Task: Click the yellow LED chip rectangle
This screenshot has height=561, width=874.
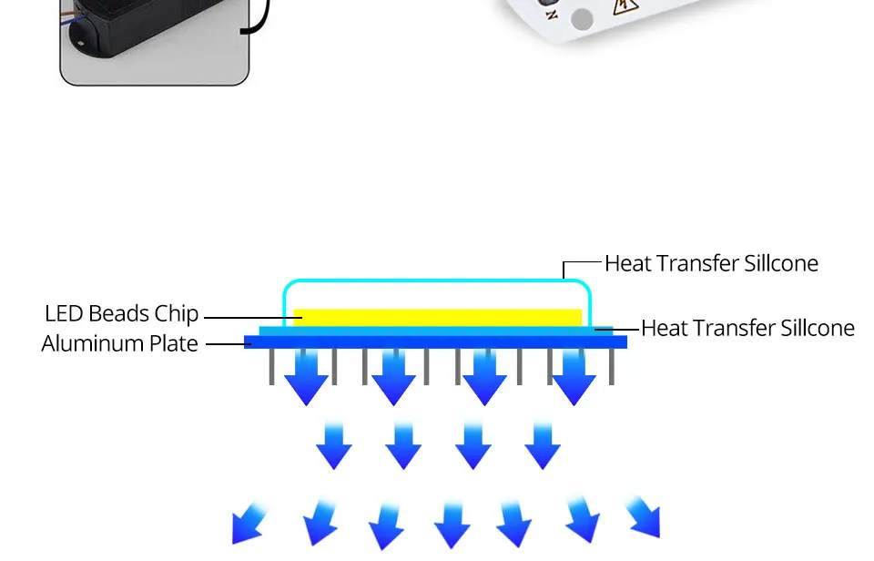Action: tap(437, 317)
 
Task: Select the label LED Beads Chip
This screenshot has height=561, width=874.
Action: tap(121, 313)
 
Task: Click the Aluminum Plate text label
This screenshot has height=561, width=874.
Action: tap(119, 343)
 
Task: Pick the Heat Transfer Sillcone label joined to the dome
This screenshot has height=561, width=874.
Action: tap(711, 263)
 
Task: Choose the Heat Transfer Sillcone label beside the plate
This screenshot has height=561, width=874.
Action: tap(747, 328)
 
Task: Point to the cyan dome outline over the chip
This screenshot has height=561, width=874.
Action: tap(437, 282)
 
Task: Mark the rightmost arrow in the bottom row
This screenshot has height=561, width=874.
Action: tap(644, 517)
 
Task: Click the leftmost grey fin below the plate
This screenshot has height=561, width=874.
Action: tap(271, 366)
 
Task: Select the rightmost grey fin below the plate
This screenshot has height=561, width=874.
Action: tap(611, 366)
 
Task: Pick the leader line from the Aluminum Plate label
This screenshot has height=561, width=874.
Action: tap(225, 343)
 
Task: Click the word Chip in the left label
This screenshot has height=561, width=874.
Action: tap(177, 313)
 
